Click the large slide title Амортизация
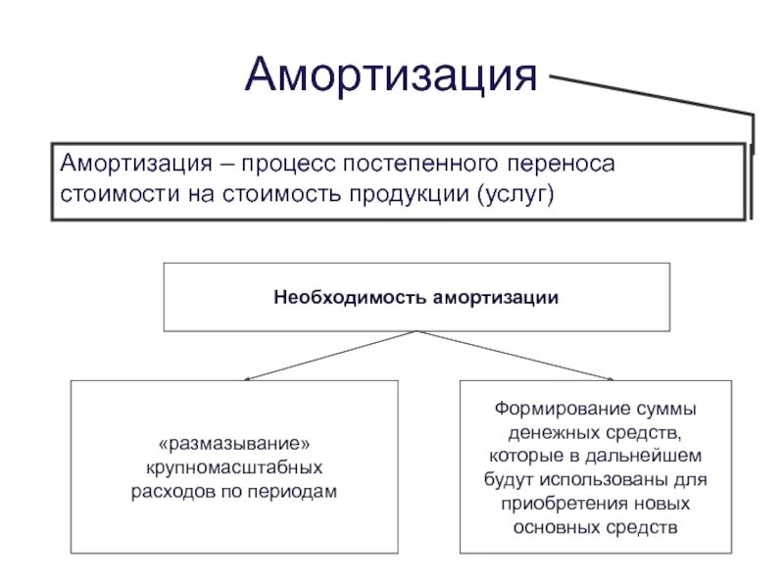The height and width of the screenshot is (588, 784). click(x=392, y=74)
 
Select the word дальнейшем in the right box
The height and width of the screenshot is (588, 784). click(x=642, y=456)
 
